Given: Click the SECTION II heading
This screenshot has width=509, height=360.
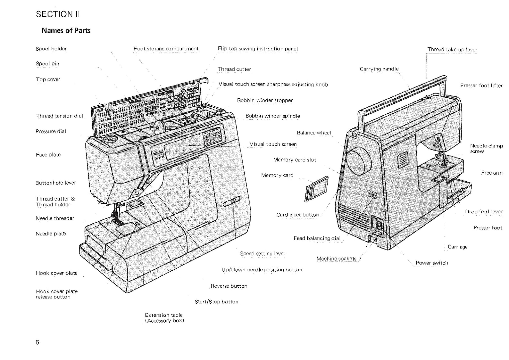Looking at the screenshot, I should (58, 14).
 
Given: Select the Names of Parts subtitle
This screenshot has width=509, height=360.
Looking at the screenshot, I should (66, 31).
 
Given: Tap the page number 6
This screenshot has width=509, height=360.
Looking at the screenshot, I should (37, 342).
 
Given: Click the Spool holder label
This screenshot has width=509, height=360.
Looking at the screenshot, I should (51, 49).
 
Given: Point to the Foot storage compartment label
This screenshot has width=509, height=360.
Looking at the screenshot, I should (166, 49).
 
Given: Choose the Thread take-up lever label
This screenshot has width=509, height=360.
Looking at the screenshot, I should (452, 50).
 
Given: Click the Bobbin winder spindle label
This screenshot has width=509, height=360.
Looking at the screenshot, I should (272, 116).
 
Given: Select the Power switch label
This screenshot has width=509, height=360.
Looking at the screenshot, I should (432, 263).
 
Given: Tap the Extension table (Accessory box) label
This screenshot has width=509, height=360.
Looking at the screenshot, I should (164, 318).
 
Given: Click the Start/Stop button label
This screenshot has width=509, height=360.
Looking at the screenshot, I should (216, 302).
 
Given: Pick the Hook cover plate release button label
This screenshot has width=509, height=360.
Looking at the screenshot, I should (57, 294).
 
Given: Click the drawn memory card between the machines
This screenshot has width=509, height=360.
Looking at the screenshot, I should (316, 189).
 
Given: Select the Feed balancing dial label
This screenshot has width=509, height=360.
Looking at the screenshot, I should (317, 238).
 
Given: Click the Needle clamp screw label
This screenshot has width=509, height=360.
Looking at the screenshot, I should (486, 149).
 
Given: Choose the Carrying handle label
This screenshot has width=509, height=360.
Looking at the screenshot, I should (379, 69).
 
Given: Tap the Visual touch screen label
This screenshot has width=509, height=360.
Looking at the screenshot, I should (273, 144).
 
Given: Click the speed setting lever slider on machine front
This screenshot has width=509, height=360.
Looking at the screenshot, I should (232, 202).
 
